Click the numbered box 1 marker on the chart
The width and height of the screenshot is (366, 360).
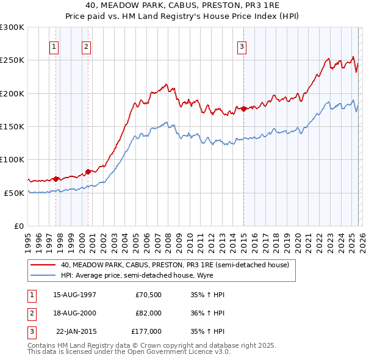(x=54, y=46)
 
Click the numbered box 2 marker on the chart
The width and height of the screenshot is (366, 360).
(x=87, y=46)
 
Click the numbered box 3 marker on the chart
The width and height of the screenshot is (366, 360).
(x=242, y=46)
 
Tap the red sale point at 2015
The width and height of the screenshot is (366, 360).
(x=244, y=109)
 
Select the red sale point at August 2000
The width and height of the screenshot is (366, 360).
(x=88, y=171)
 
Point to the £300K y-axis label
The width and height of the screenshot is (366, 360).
(x=12, y=27)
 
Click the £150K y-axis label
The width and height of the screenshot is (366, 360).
(x=12, y=127)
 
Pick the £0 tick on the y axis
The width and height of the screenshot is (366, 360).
(x=18, y=226)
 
